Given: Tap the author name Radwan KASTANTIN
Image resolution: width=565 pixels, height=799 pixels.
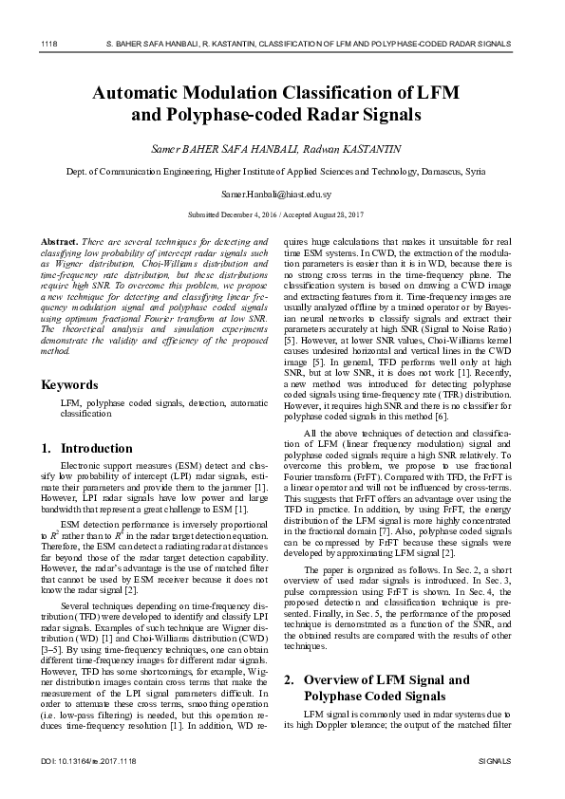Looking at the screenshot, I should [x=363, y=149].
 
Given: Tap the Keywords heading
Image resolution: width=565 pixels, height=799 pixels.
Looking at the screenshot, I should [x=69, y=385].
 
